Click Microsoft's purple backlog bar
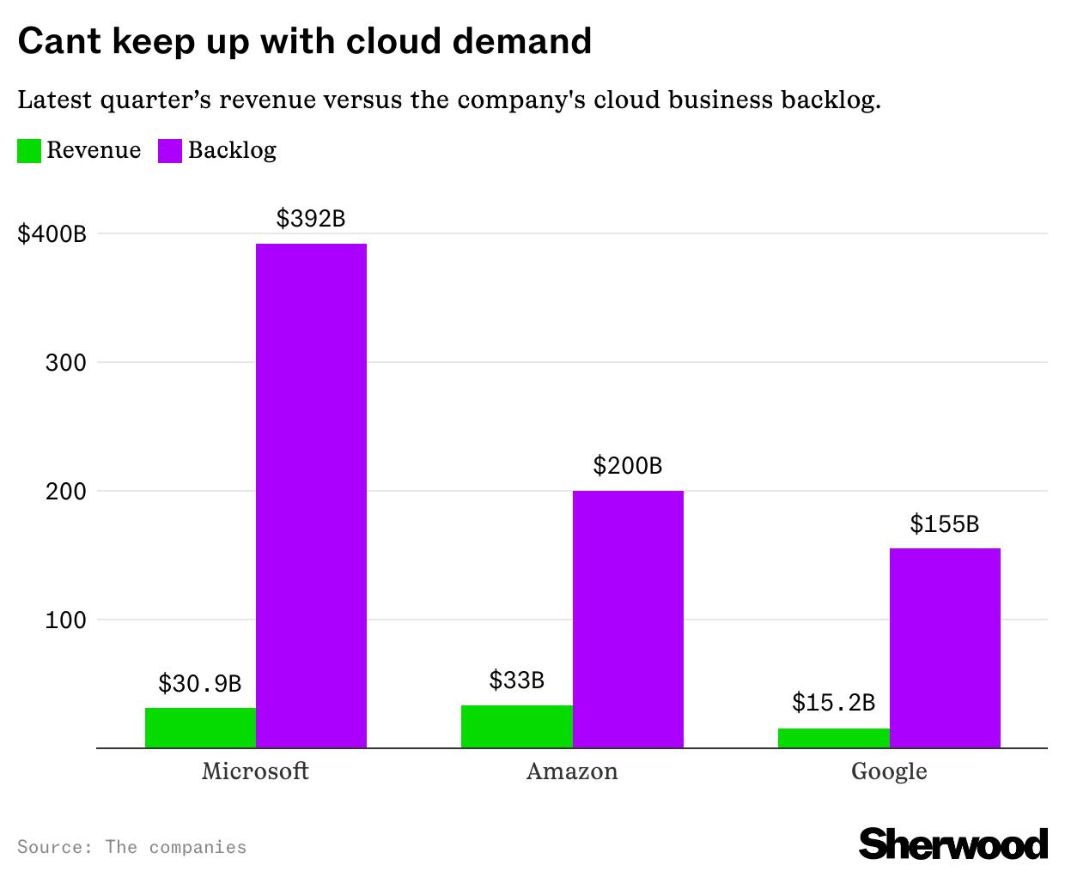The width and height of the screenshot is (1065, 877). [311, 496]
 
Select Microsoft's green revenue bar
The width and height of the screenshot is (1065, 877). [200, 728]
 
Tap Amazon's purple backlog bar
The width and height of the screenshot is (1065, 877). [628, 620]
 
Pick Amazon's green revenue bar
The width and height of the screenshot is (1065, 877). [516, 727]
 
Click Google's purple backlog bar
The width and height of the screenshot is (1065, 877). [945, 648]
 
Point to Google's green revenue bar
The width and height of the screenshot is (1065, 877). [833, 738]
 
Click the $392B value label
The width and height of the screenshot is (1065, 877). [311, 219]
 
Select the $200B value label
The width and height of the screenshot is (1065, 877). [628, 466]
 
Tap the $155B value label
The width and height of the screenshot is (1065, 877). [945, 523]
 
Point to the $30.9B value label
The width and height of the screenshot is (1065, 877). [200, 684]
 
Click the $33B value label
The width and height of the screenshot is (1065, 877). [516, 680]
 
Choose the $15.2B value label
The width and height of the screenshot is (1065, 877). [833, 703]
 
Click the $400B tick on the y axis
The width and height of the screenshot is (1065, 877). [52, 233]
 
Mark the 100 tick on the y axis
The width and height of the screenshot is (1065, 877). [65, 620]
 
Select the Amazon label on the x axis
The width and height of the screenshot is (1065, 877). [572, 771]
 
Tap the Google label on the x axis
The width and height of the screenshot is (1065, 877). [889, 771]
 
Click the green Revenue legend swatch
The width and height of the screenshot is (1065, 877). [29, 151]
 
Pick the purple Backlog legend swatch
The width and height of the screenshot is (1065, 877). [170, 151]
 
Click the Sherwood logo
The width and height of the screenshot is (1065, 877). [953, 844]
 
